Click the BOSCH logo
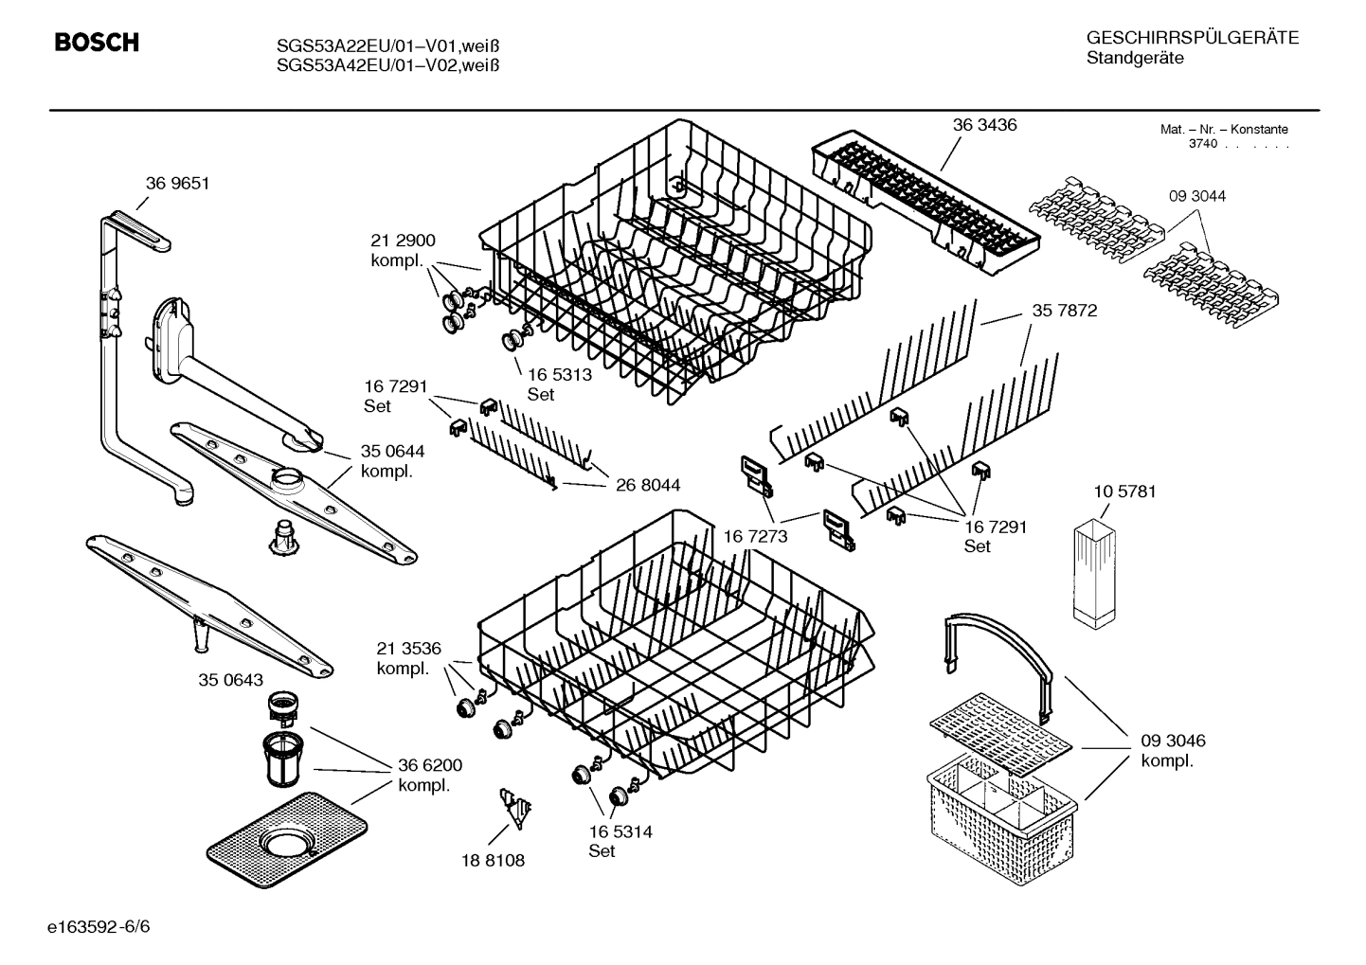(x=97, y=43)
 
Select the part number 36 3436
(x=984, y=125)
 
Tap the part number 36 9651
(x=177, y=184)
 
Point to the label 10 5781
(x=1124, y=492)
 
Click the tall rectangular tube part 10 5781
(x=1097, y=573)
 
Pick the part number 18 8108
(x=493, y=860)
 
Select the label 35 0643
(x=230, y=680)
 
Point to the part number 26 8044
(x=647, y=486)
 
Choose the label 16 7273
(x=755, y=537)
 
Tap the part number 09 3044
(x=1196, y=196)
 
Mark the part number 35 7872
(x=1064, y=311)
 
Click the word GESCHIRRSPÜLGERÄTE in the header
(x=1192, y=39)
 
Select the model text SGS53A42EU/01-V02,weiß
(x=387, y=65)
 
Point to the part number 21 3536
(x=408, y=649)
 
